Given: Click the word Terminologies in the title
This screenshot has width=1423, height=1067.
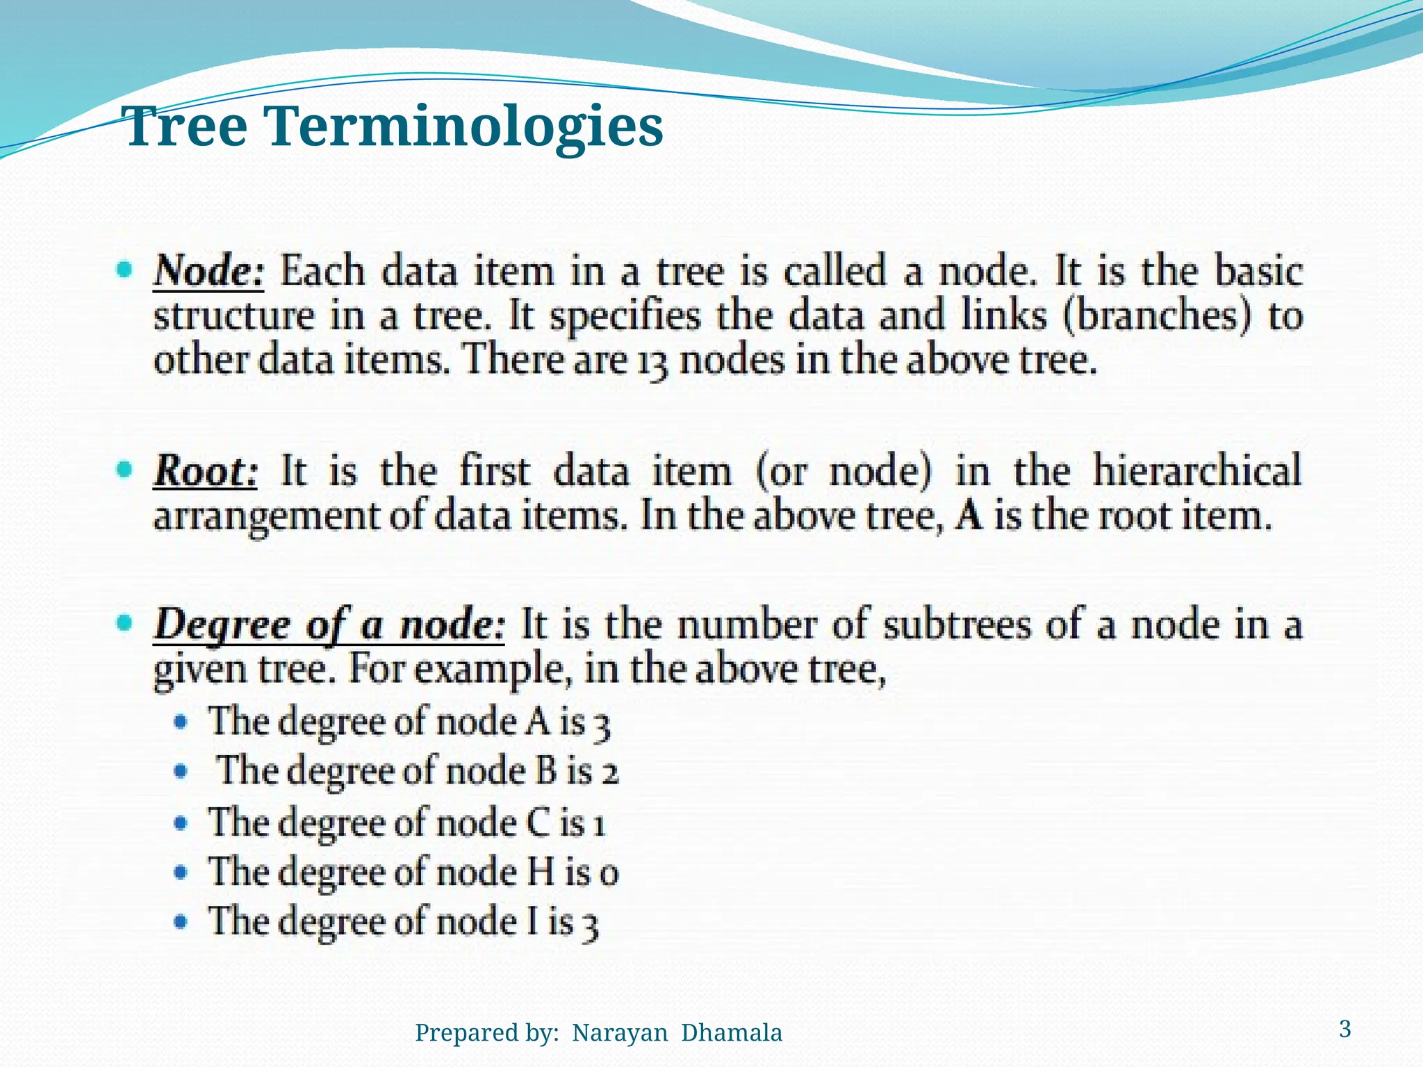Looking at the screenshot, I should pyautogui.click(x=464, y=127).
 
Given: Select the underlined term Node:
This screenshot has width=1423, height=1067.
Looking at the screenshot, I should pyautogui.click(x=208, y=270).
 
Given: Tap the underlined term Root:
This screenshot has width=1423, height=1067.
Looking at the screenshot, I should pyautogui.click(x=206, y=471).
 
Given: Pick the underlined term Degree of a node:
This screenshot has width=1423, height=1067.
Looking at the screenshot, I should pyautogui.click(x=329, y=624).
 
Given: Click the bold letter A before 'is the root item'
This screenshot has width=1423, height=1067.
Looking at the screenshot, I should pyautogui.click(x=970, y=516).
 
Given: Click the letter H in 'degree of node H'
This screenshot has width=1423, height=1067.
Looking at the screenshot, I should pyautogui.click(x=540, y=872).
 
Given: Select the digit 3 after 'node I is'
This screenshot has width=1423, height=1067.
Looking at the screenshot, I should pyautogui.click(x=590, y=925).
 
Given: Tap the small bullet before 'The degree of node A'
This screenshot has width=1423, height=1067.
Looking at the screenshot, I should pyautogui.click(x=181, y=722).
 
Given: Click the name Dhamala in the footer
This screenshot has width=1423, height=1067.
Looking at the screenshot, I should pyautogui.click(x=731, y=1033).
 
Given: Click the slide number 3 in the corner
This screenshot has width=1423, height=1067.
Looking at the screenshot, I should pyautogui.click(x=1345, y=1029).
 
